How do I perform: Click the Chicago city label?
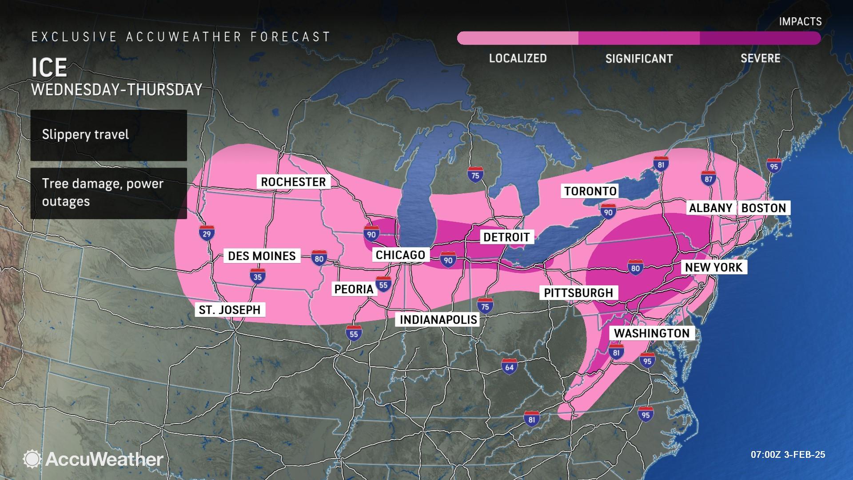click(400, 255)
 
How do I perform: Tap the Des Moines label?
click(262, 256)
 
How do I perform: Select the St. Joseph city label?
click(230, 310)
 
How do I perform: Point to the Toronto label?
click(590, 191)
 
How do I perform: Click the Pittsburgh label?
click(578, 293)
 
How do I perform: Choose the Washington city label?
click(652, 333)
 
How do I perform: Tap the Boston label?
click(764, 208)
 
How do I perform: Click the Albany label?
click(710, 208)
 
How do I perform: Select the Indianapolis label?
click(438, 320)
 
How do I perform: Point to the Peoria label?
click(354, 289)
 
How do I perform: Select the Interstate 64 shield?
click(509, 366)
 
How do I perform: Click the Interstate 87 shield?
click(708, 178)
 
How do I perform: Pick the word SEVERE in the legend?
click(760, 58)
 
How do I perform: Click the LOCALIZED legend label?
click(518, 58)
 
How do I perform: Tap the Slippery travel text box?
click(108, 135)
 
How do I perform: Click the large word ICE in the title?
click(49, 68)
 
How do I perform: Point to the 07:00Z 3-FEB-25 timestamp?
click(788, 455)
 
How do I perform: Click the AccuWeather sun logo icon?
click(32, 459)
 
